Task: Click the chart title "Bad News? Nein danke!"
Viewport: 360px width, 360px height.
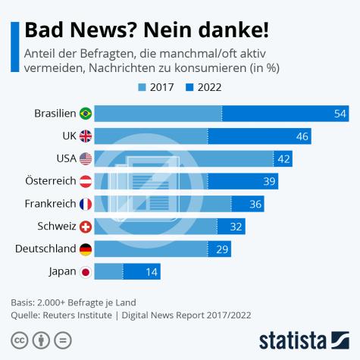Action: click(146, 32)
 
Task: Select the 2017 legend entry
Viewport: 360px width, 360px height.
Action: click(155, 86)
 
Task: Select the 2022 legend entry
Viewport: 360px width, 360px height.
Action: click(203, 86)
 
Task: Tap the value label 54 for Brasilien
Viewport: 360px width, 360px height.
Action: click(340, 114)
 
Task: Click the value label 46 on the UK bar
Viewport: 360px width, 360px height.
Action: click(302, 136)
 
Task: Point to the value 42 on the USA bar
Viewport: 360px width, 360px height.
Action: click(284, 159)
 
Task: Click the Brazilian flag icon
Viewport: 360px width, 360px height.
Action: click(86, 114)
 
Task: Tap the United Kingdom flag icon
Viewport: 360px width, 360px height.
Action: click(86, 136)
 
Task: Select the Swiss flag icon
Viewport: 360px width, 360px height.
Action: click(86, 227)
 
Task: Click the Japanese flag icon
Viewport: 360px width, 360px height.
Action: click(86, 271)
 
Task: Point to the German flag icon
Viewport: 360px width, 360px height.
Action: click(86, 249)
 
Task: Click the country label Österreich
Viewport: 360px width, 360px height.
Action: click(50, 181)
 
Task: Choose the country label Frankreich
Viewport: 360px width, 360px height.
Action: click(50, 204)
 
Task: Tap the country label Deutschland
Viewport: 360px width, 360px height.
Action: click(45, 249)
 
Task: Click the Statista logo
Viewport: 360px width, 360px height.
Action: click(303, 338)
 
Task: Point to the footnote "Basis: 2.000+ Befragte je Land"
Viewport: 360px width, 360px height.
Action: click(74, 302)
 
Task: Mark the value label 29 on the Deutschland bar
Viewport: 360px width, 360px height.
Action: click(222, 249)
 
